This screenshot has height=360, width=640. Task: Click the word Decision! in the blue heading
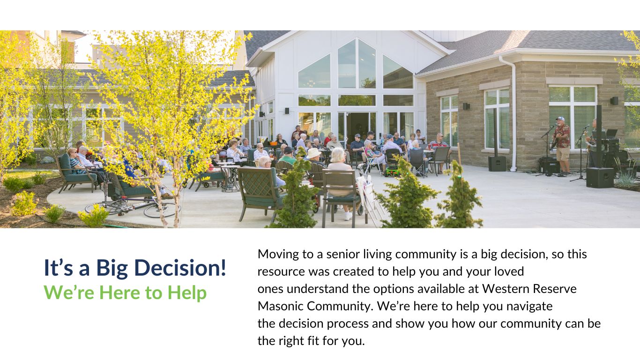click(x=180, y=268)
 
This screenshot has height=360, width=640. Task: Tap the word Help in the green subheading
click(x=187, y=292)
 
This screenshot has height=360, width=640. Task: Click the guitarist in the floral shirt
click(x=562, y=145)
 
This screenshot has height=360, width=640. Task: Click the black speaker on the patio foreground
click(x=600, y=178)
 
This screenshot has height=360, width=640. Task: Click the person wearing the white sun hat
click(x=314, y=156)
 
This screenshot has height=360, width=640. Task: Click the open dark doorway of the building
click(x=358, y=127)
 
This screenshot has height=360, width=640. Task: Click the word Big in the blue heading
click(x=112, y=269)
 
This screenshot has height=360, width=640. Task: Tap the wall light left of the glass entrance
click(x=287, y=111)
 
